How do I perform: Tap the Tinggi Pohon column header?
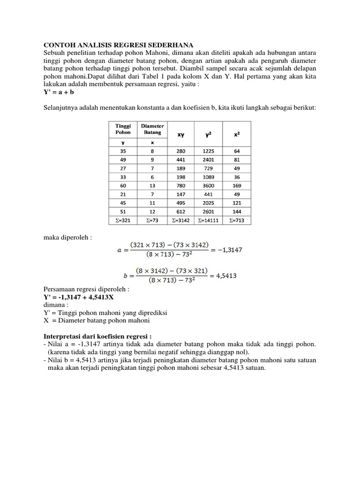point(123,129)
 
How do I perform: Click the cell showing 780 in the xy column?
point(180,186)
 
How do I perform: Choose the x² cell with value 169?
point(237,186)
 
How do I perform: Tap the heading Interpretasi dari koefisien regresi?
point(97,336)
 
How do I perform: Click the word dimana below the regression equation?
point(55,305)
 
